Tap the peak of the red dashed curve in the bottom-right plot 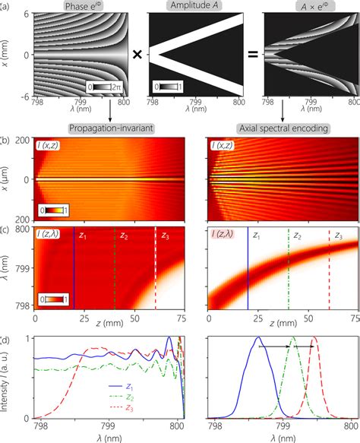(x=315, y=339)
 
